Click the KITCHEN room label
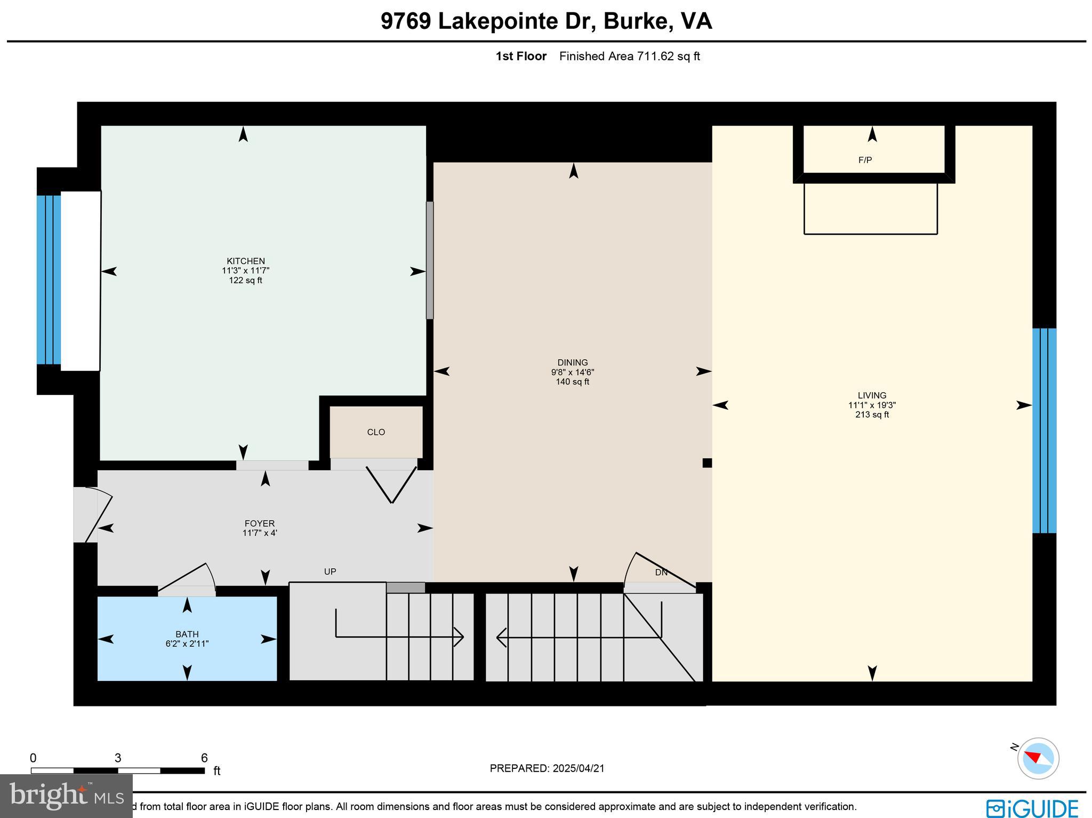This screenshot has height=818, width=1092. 246,261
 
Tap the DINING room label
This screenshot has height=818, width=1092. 573,362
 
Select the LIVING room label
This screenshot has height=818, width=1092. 872,395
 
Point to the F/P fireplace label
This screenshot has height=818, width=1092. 865,160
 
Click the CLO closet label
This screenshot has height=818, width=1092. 376,432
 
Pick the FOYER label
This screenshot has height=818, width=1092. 260,523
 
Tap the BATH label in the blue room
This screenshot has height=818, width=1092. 187,634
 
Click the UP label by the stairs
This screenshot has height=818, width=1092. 330,571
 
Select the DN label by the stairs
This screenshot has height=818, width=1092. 661,573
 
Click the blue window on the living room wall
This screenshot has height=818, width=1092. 1044,431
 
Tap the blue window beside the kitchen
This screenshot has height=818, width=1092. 49,280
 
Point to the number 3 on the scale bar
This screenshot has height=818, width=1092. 118,758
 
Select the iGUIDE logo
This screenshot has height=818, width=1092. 1032,807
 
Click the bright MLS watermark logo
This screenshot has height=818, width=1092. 66,796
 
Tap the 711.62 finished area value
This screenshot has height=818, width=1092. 655,56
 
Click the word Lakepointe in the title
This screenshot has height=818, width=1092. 517,21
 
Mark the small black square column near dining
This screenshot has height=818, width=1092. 707,463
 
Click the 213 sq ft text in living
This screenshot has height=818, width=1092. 872,415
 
